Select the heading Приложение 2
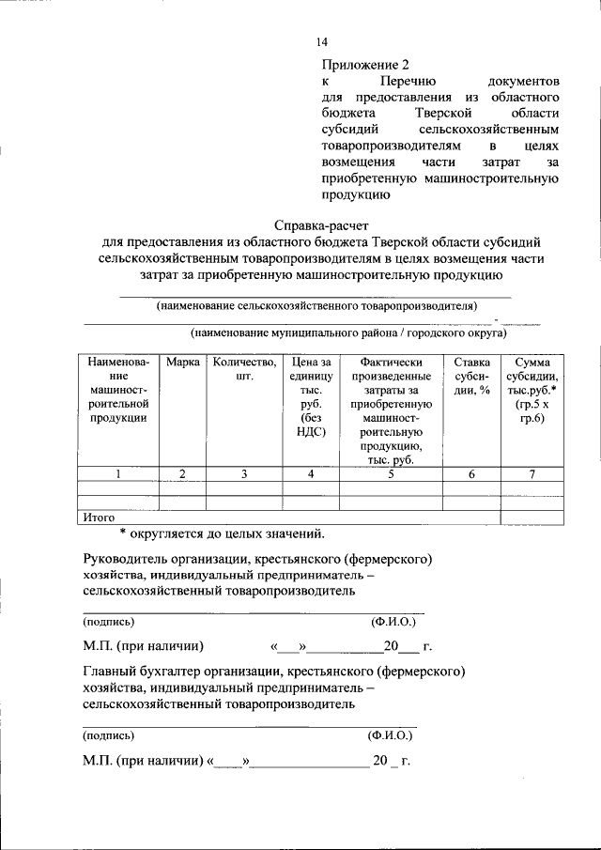[366, 65]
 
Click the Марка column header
[182, 363]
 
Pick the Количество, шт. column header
[243, 370]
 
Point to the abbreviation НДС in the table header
[311, 432]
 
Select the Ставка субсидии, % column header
[471, 377]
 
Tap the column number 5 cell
[390, 474]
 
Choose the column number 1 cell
[118, 474]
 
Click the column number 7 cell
[532, 474]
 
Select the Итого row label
[99, 517]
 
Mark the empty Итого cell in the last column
[532, 517]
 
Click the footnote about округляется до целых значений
[222, 534]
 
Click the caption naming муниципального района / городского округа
[347, 332]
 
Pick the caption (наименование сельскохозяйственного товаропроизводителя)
[316, 306]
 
